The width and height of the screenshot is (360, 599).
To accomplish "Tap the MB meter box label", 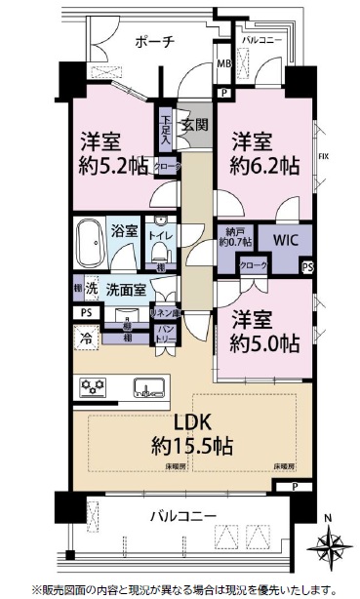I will (x=223, y=64).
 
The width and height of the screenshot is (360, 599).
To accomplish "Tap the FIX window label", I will (x=323, y=156).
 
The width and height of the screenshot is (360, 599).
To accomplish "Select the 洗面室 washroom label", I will (x=126, y=290).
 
